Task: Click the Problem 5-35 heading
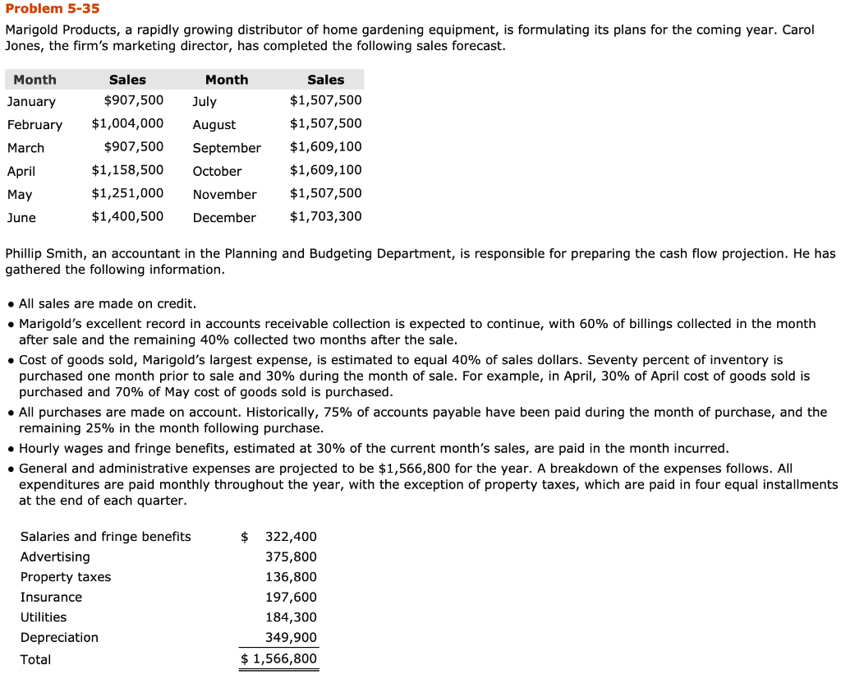53,9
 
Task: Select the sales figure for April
127,170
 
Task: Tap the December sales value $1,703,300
325,217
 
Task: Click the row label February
34,125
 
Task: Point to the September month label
227,148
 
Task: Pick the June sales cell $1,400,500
127,217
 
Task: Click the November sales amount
325,194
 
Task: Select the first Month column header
35,80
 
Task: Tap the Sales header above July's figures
325,80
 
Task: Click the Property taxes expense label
66,577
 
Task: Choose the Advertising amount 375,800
291,557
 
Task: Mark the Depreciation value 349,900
291,638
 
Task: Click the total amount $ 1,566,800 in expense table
279,659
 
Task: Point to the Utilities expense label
44,617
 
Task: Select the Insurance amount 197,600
291,598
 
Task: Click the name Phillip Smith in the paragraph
46,254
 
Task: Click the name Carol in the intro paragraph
798,30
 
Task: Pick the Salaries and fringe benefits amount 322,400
291,537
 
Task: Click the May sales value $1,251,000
127,194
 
